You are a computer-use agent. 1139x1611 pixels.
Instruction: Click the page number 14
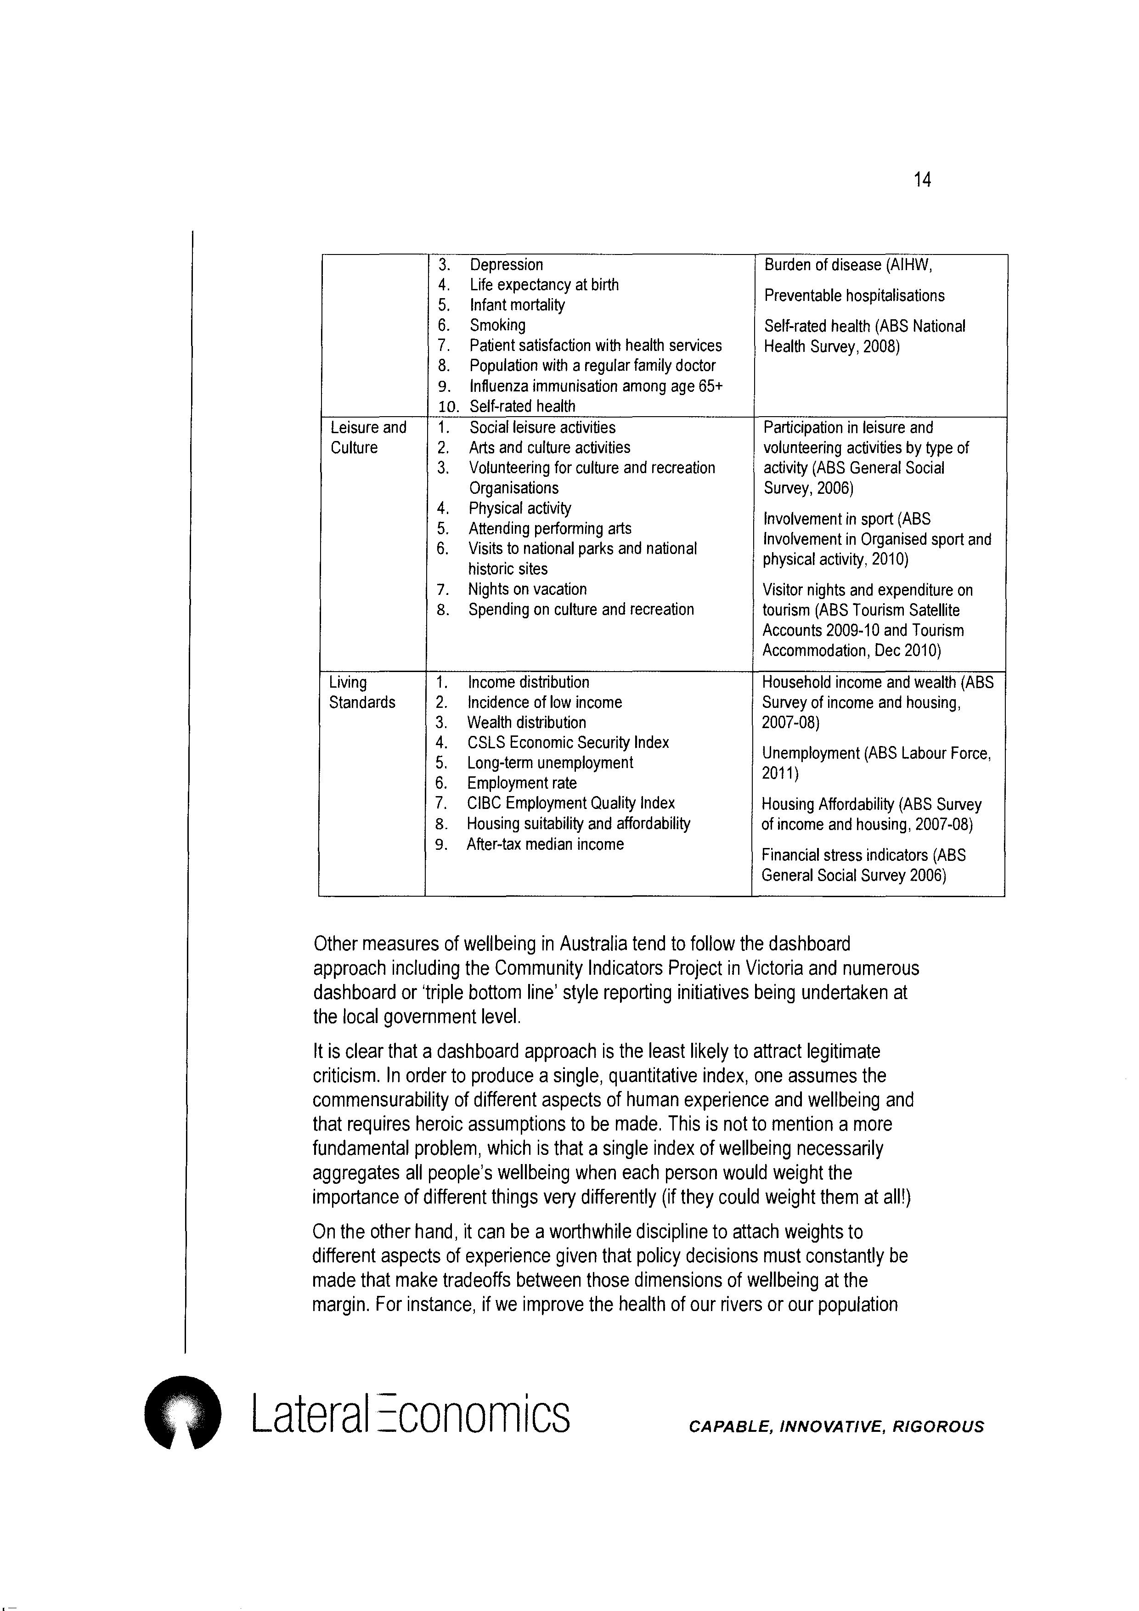coord(922,181)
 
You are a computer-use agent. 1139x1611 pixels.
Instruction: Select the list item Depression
coord(507,265)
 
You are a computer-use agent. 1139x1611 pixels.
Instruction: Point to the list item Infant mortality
coord(517,305)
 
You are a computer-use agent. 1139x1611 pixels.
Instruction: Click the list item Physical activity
coord(520,508)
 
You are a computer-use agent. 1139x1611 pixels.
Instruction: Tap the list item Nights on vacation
coord(527,589)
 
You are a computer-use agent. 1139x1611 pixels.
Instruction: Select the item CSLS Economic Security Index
coord(568,742)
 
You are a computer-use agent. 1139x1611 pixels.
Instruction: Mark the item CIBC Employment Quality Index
coord(571,803)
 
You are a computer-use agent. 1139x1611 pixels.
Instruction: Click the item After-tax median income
coord(545,844)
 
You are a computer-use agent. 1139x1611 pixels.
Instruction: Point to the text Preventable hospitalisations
coord(854,295)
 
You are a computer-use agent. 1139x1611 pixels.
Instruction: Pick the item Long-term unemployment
coord(550,763)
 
